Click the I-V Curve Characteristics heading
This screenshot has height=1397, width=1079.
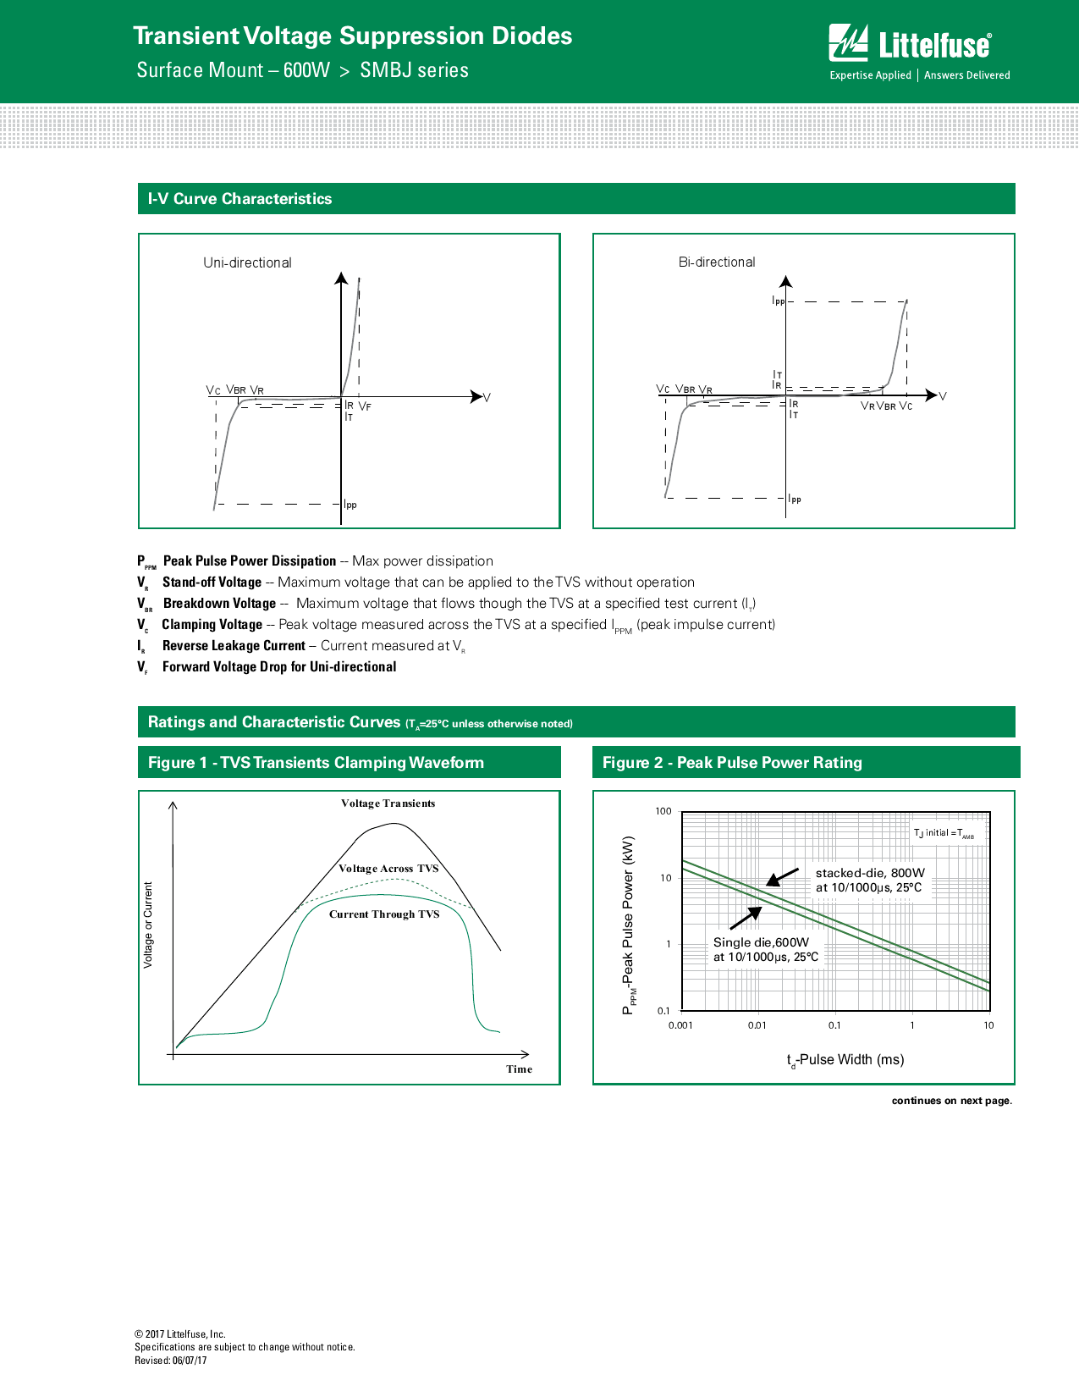click(239, 199)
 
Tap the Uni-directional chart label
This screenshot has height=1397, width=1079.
click(247, 262)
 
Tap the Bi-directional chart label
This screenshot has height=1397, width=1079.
click(717, 262)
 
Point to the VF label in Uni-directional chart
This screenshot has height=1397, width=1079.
click(365, 407)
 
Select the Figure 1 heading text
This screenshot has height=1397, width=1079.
click(316, 763)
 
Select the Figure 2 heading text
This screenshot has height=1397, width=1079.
click(732, 763)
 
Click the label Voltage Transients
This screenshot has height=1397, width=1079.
click(388, 803)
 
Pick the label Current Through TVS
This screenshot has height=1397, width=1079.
click(384, 914)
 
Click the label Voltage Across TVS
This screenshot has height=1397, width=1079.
click(388, 869)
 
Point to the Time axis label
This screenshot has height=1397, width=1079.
click(519, 1069)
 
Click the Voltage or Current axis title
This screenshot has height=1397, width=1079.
click(149, 925)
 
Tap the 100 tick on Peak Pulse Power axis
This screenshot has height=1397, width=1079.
click(663, 811)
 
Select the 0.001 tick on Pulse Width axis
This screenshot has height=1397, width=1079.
click(680, 1025)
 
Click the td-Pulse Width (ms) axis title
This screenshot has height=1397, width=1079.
click(845, 1060)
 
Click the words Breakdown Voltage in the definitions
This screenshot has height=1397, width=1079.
click(219, 604)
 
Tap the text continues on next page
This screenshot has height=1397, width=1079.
click(951, 1101)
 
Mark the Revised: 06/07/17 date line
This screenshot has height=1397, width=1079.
click(171, 1361)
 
